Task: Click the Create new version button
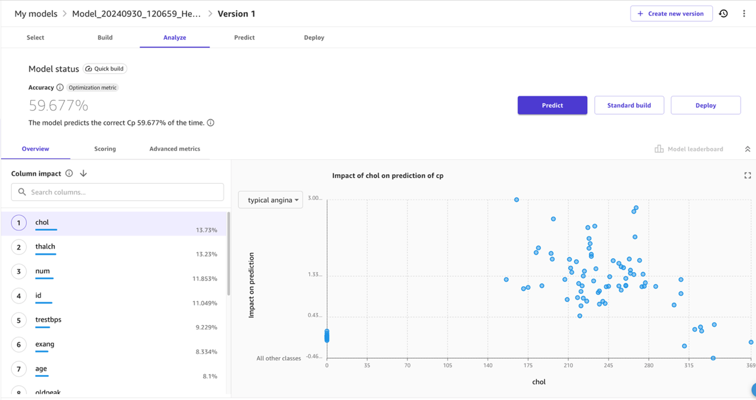pyautogui.click(x=671, y=14)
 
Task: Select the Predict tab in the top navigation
pyautogui.click(x=244, y=38)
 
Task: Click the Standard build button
pyautogui.click(x=629, y=105)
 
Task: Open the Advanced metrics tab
pyautogui.click(x=174, y=149)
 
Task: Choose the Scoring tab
pyautogui.click(x=105, y=149)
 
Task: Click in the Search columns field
pyautogui.click(x=118, y=192)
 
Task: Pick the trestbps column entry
pyautogui.click(x=48, y=319)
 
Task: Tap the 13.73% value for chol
pyautogui.click(x=206, y=230)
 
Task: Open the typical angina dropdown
pyautogui.click(x=271, y=200)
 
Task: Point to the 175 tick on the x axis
pyautogui.click(x=528, y=365)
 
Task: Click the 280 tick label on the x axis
pyautogui.click(x=649, y=365)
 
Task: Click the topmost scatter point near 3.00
pyautogui.click(x=517, y=200)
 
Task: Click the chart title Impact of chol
pyautogui.click(x=387, y=176)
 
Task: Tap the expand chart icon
pyautogui.click(x=748, y=175)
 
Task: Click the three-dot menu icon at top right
pyautogui.click(x=744, y=14)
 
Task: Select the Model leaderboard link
pyautogui.click(x=695, y=149)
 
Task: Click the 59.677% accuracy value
pyautogui.click(x=58, y=106)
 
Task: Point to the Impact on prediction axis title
pyautogui.click(x=251, y=285)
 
